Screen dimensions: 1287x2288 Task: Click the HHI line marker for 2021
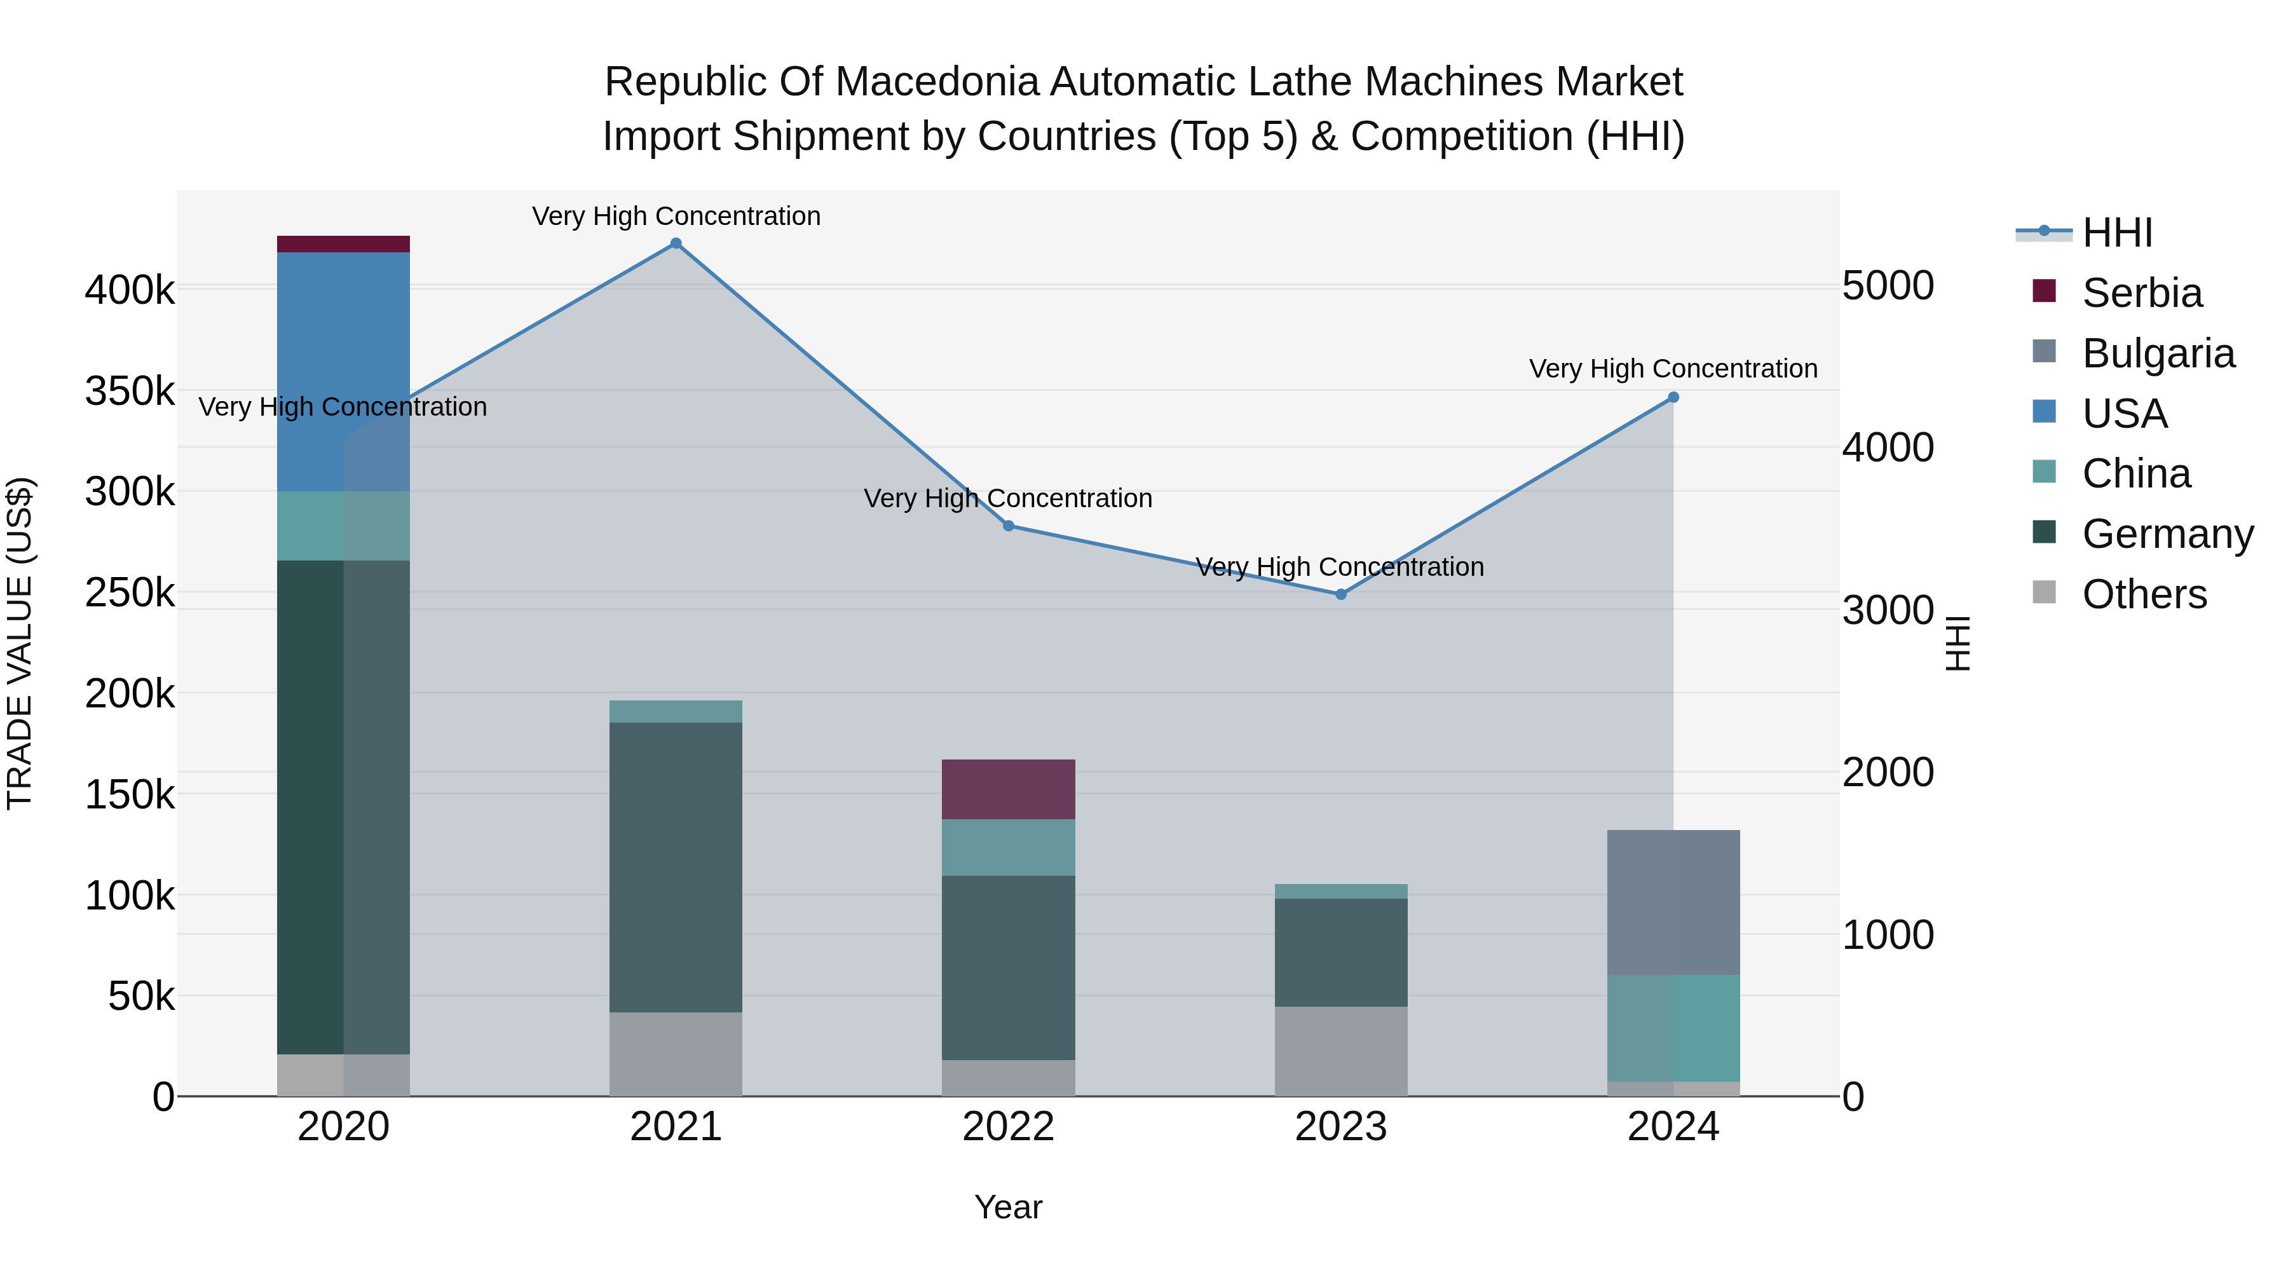(676, 243)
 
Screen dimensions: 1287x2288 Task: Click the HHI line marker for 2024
(1673, 397)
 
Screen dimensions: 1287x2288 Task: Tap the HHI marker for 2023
(1341, 594)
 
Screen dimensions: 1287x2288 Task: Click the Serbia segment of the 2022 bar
(1008, 789)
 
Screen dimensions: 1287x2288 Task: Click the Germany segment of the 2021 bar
(676, 867)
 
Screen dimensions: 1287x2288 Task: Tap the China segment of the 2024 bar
(1673, 1028)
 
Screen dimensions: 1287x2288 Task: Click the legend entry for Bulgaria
(2158, 353)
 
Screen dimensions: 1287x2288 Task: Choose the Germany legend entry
(2167, 534)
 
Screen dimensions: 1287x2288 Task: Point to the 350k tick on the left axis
(130, 391)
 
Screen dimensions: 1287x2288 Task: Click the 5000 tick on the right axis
(1888, 286)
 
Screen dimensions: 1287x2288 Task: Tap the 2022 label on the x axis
(1008, 1127)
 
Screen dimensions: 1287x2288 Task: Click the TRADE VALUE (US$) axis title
(20, 643)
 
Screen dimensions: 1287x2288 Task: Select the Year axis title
(1008, 1207)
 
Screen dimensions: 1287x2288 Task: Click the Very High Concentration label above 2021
(676, 216)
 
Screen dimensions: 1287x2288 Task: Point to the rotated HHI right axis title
(1958, 643)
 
